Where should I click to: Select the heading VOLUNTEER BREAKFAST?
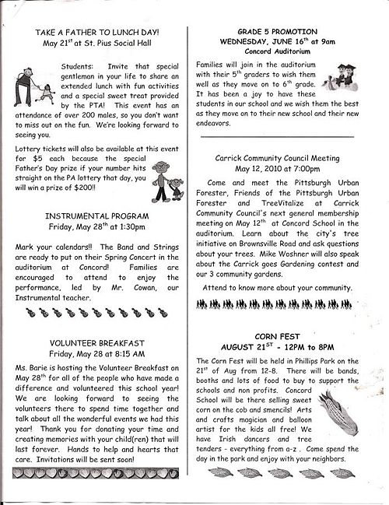(97, 342)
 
